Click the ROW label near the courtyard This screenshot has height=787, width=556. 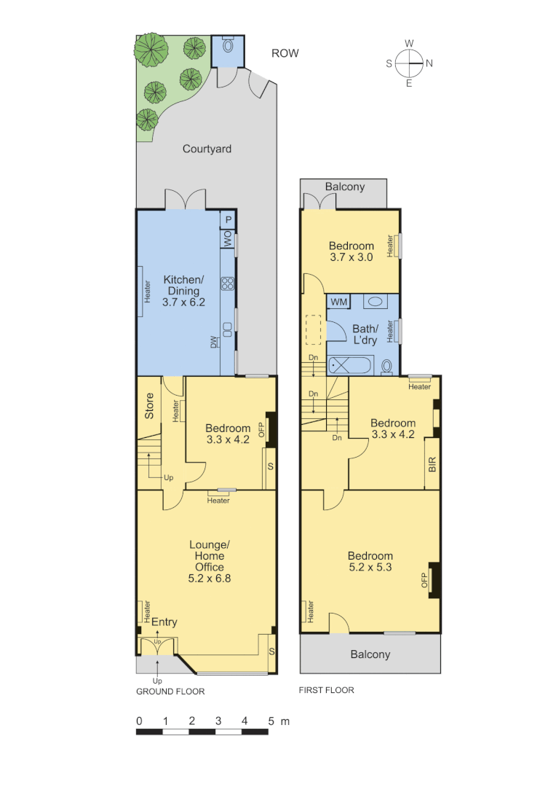tap(285, 53)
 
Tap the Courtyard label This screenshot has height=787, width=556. tap(207, 149)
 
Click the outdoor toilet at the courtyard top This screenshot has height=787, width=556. tap(229, 45)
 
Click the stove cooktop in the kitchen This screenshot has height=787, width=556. tap(227, 283)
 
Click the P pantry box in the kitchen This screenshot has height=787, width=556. tap(228, 219)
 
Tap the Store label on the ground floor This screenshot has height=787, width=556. tap(148, 406)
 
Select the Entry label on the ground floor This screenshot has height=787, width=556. tap(164, 622)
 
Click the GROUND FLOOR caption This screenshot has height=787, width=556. tap(170, 692)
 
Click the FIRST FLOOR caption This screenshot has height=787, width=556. tap(327, 689)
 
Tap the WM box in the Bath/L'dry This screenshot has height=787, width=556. tap(338, 302)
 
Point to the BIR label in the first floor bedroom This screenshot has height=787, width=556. tap(432, 464)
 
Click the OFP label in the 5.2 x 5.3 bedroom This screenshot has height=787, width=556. tap(423, 580)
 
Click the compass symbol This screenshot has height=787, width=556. tap(410, 63)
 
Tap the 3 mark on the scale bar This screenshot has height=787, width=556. tap(218, 721)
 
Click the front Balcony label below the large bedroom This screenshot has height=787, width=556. tap(370, 654)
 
